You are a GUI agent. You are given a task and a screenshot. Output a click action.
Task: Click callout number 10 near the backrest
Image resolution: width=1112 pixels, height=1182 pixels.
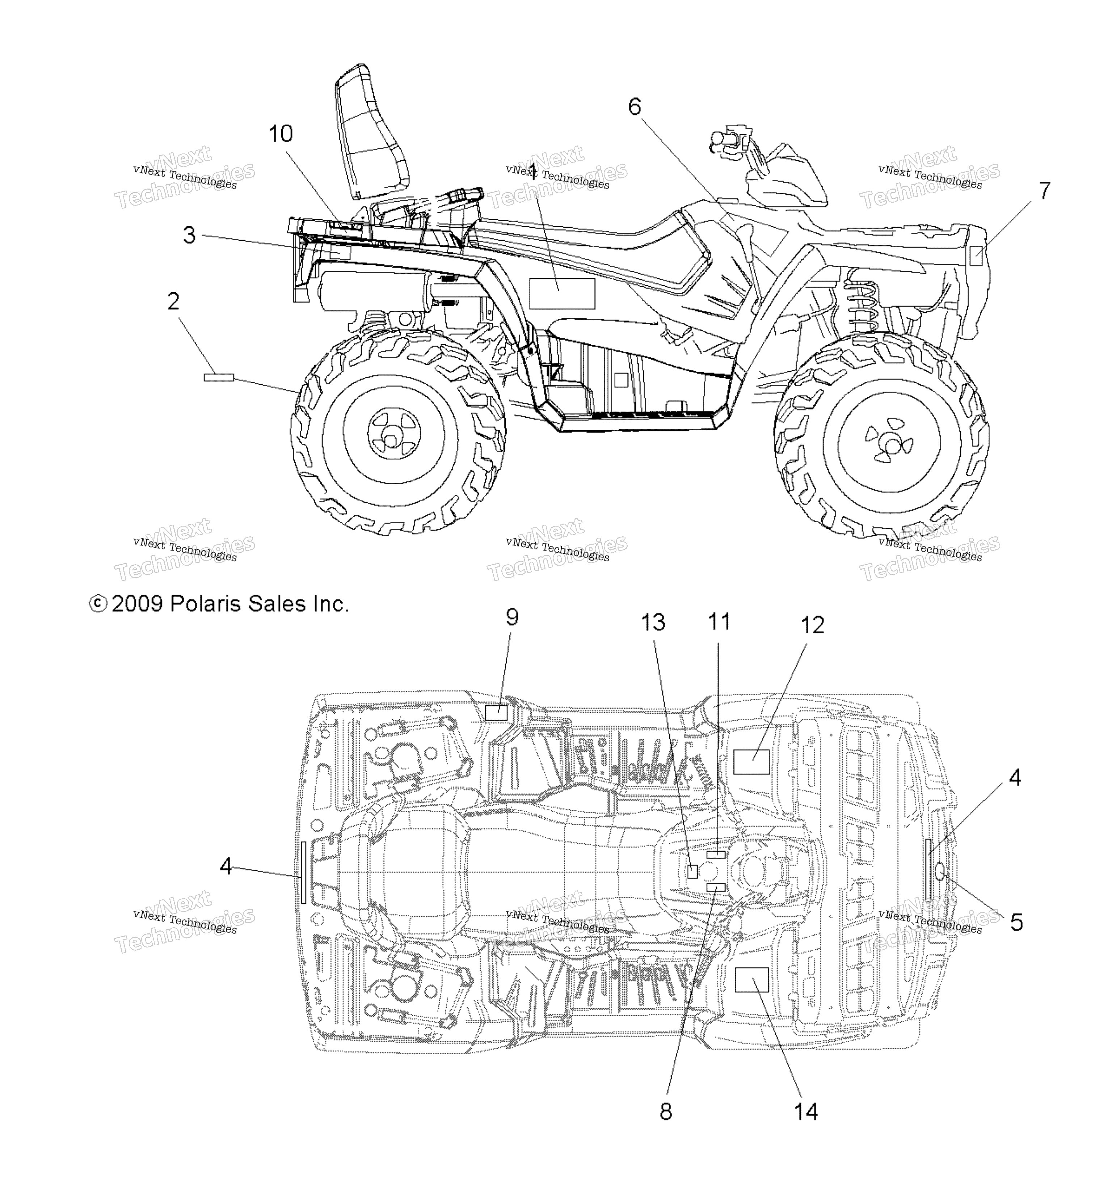pos(281,134)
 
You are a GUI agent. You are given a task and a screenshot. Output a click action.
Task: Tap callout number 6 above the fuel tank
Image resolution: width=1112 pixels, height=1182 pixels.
pos(635,107)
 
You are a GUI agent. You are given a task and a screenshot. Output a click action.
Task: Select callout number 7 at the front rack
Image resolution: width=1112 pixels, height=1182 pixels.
pos(1044,191)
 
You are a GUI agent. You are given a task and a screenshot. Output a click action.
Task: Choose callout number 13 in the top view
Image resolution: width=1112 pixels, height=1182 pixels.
pos(653,622)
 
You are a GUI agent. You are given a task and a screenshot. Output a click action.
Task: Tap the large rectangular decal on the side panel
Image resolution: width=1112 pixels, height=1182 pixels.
pos(562,294)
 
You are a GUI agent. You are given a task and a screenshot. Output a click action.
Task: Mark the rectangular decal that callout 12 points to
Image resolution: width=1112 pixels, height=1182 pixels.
pos(751,761)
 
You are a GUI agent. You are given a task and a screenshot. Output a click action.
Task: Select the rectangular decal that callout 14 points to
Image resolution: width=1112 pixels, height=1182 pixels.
pos(752,980)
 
